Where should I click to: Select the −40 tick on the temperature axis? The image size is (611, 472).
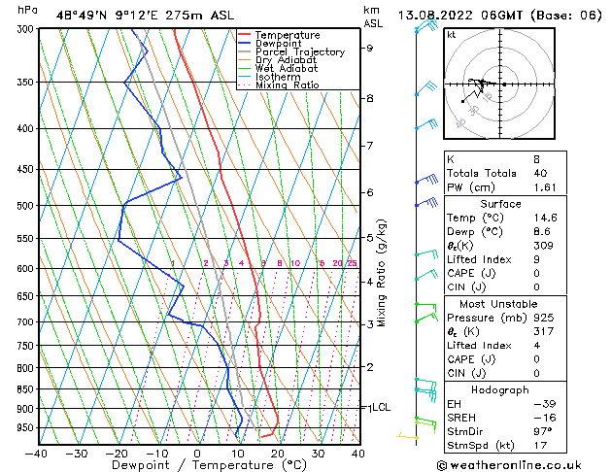(x=37, y=453)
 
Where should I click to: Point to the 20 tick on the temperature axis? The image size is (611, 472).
(x=277, y=453)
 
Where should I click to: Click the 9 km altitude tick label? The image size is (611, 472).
(x=369, y=48)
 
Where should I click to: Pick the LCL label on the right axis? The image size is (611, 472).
(x=381, y=408)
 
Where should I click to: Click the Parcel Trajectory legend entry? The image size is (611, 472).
(x=299, y=52)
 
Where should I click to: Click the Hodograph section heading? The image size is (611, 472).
(x=502, y=389)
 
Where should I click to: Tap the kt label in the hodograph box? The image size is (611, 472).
(x=451, y=35)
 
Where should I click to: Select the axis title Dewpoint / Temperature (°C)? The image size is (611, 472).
(x=197, y=465)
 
